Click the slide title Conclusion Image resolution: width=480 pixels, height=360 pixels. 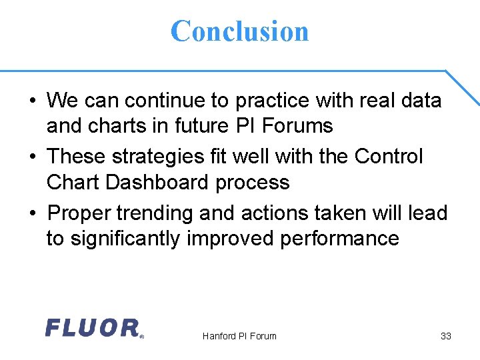click(240, 31)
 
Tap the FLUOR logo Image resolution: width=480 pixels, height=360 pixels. click(93, 328)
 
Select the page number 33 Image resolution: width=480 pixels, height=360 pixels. click(446, 336)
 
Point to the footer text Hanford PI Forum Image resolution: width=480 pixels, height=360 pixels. click(239, 336)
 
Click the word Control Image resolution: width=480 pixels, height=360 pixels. click(389, 157)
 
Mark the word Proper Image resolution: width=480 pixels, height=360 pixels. click(80, 213)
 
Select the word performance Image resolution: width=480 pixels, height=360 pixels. click(340, 238)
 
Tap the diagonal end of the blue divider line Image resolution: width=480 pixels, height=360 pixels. click(463, 87)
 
